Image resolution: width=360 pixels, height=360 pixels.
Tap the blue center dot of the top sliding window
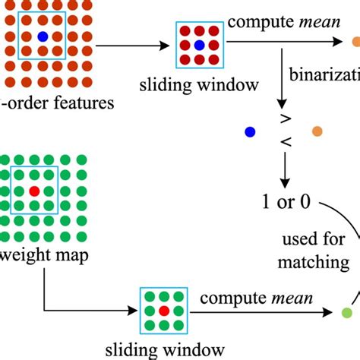click(x=198, y=46)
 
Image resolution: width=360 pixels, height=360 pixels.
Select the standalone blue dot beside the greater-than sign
click(x=249, y=132)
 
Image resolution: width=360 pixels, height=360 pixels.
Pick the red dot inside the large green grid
click(x=33, y=191)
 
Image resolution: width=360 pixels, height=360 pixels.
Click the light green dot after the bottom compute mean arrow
click(x=347, y=311)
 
